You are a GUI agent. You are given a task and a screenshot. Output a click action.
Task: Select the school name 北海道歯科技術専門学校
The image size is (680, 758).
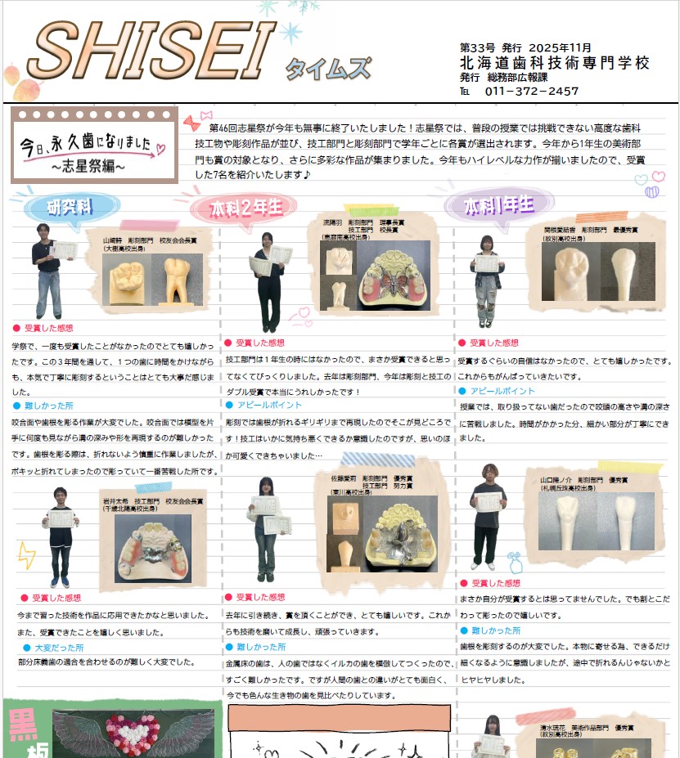[x=554, y=62]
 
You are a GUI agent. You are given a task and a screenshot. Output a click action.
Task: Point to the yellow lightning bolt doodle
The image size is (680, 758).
[x=25, y=554]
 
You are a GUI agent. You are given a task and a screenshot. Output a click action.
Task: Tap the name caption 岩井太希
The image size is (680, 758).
[x=115, y=500]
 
